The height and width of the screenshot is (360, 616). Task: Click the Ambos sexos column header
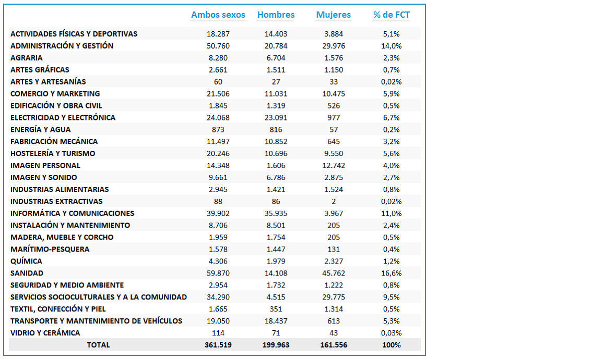[218, 15]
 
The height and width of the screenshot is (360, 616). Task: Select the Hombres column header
[276, 15]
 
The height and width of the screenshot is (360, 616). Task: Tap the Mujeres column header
[334, 15]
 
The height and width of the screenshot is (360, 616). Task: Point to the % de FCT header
[392, 15]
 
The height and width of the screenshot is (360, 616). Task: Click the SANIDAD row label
[27, 273]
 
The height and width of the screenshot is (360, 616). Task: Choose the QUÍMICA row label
[26, 261]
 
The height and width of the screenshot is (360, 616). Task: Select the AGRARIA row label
[26, 58]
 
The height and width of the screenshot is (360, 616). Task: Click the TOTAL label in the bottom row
[98, 345]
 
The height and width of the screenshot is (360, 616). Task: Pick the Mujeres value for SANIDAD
[334, 273]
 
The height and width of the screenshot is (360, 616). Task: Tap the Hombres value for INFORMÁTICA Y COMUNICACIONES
[276, 213]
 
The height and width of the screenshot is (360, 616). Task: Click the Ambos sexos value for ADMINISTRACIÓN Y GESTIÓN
[218, 46]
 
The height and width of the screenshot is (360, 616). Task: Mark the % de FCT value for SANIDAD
[392, 273]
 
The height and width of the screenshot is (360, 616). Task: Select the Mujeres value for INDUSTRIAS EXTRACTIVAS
[334, 201]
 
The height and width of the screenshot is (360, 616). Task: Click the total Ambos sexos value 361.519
[218, 345]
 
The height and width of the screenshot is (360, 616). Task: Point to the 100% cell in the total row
[392, 345]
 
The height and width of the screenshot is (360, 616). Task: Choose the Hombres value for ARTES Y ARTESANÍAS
[276, 82]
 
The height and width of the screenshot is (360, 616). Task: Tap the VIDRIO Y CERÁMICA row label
[45, 333]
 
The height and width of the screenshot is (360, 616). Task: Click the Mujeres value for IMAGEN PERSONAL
[334, 166]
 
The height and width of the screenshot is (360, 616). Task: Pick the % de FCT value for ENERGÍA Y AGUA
[392, 129]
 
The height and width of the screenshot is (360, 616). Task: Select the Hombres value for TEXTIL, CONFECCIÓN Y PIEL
[276, 309]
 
